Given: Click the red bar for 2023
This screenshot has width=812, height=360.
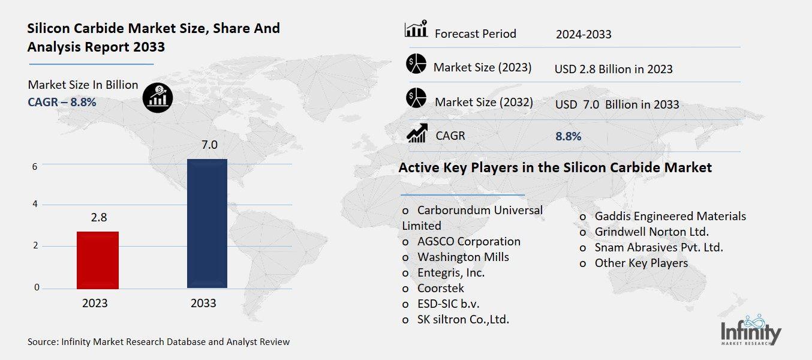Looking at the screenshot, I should [98, 259].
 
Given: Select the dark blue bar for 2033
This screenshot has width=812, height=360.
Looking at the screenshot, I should [207, 223].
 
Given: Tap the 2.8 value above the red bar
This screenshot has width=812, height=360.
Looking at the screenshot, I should [98, 217].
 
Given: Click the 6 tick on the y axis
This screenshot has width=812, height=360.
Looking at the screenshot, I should [35, 166].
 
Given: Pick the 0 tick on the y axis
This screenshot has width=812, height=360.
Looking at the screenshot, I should [37, 287].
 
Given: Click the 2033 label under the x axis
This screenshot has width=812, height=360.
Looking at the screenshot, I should [203, 303].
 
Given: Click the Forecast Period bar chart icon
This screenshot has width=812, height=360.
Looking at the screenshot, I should [416, 29].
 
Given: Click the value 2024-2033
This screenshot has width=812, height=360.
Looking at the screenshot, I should [583, 34].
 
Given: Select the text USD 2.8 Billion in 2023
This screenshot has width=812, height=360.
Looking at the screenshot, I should [613, 69].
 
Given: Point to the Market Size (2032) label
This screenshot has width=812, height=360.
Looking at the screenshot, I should [483, 102].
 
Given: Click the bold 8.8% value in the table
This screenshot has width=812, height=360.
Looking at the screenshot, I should [568, 136].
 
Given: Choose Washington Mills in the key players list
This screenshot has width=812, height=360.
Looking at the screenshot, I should [463, 257].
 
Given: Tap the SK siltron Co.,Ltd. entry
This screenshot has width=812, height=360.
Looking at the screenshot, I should [463, 319].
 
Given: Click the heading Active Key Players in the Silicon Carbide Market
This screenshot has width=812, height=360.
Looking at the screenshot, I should [555, 167].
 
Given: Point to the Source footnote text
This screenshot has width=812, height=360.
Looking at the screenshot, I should [158, 342].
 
